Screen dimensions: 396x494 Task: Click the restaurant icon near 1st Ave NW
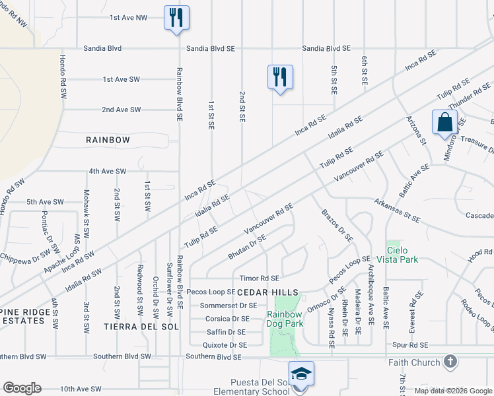coord(176,17)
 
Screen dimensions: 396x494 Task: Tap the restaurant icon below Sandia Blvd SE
coord(280,77)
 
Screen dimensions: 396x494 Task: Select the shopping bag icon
coord(444,122)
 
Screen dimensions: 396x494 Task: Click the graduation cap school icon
coord(301,373)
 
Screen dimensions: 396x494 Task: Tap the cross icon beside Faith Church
coord(450,362)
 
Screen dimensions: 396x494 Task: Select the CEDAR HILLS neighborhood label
coord(267,292)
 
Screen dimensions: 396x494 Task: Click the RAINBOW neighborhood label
coord(108,140)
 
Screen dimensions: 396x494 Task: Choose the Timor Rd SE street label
coord(259,279)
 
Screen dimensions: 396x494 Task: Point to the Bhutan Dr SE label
coord(246,247)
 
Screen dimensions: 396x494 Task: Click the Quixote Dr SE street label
coord(226,345)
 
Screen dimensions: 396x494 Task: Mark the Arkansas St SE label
coord(396,211)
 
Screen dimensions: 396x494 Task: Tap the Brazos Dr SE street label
coord(337,226)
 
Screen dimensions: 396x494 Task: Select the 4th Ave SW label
coord(108,172)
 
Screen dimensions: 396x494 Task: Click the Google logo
coord(22,388)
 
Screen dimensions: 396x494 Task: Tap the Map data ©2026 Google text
coord(452,391)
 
